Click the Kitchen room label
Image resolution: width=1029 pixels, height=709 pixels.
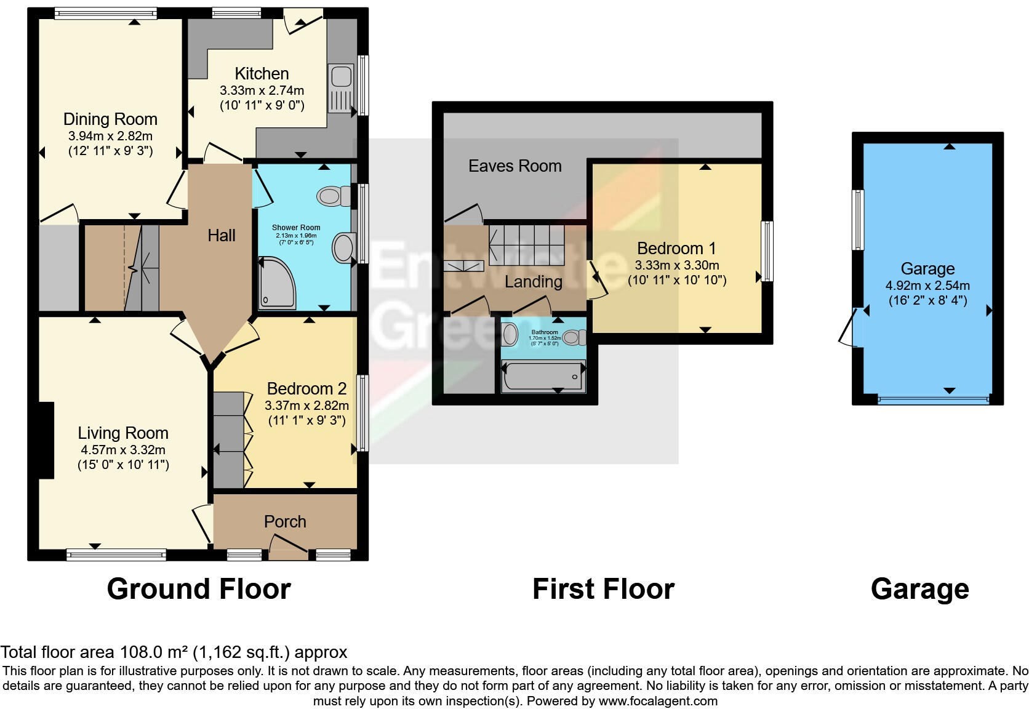coord(262,73)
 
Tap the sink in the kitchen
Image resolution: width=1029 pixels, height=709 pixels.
coord(341,77)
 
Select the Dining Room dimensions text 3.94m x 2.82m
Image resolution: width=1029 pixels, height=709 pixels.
coord(110,136)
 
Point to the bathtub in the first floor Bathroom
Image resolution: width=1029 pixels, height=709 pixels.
coord(542,376)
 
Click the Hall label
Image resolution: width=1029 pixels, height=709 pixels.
coord(222,235)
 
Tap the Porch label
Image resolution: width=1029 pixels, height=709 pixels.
coord(285,521)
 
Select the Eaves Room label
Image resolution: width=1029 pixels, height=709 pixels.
coord(514,166)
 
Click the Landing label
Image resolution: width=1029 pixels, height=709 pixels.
coord(533,281)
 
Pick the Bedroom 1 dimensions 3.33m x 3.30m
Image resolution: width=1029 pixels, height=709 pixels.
coord(677,265)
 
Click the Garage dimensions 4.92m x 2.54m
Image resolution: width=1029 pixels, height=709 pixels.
coord(927,286)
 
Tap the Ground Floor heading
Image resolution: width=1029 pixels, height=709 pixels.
coord(199,588)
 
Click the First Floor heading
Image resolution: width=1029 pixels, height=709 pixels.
coord(603,588)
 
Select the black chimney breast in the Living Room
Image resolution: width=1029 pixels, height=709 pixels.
coord(46,439)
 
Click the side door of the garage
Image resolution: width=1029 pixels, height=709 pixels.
coord(849,327)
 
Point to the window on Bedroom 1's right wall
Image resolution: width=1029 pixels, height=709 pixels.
coord(767,251)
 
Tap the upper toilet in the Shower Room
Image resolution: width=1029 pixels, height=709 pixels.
coord(332,196)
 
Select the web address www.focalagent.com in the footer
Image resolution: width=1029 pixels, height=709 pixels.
coord(658,700)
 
